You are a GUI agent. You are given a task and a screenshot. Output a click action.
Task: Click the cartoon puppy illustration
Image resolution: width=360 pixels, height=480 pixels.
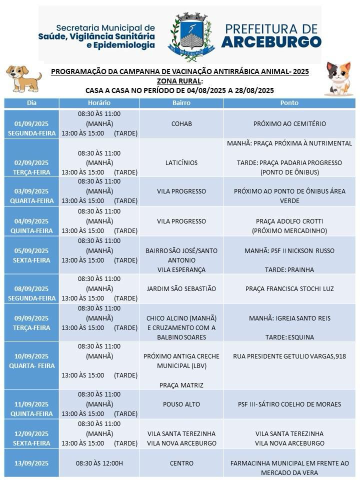click(23, 78)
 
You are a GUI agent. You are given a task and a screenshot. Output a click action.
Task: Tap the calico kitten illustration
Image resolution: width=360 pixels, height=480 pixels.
click(339, 78)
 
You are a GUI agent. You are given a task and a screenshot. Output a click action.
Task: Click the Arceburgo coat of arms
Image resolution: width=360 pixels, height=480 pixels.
click(190, 34)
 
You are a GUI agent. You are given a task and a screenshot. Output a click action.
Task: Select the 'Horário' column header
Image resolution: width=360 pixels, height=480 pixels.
click(99, 102)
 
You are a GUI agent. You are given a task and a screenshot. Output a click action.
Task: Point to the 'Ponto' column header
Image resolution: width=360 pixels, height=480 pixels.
click(289, 102)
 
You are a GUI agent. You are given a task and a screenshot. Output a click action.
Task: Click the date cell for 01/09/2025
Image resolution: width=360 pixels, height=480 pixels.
click(31, 128)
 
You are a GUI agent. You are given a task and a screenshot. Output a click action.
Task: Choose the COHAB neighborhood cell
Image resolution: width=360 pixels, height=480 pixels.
click(181, 123)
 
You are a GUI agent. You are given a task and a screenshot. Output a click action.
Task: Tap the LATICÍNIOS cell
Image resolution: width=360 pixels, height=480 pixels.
click(181, 162)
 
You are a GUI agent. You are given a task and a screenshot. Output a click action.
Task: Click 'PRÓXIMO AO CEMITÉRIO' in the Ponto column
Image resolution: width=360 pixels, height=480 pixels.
click(289, 123)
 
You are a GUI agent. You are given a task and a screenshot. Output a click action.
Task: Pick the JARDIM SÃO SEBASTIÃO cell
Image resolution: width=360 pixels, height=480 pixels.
click(181, 288)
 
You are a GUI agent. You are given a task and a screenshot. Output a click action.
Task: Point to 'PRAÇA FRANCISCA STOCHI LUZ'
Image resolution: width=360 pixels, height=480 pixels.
click(289, 288)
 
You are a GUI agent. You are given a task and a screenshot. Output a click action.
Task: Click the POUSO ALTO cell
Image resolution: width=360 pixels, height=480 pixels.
click(181, 404)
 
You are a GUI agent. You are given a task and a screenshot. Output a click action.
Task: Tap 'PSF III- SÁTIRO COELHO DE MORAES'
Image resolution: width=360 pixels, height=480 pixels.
click(289, 404)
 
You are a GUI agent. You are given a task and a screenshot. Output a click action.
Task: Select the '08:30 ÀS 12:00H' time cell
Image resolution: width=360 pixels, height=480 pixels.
click(99, 463)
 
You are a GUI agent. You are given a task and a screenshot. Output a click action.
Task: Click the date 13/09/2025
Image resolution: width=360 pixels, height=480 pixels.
click(31, 463)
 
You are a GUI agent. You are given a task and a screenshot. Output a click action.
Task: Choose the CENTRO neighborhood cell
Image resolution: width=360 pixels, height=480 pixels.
click(181, 463)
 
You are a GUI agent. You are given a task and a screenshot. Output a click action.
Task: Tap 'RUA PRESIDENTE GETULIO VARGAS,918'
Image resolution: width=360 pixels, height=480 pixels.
click(289, 356)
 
